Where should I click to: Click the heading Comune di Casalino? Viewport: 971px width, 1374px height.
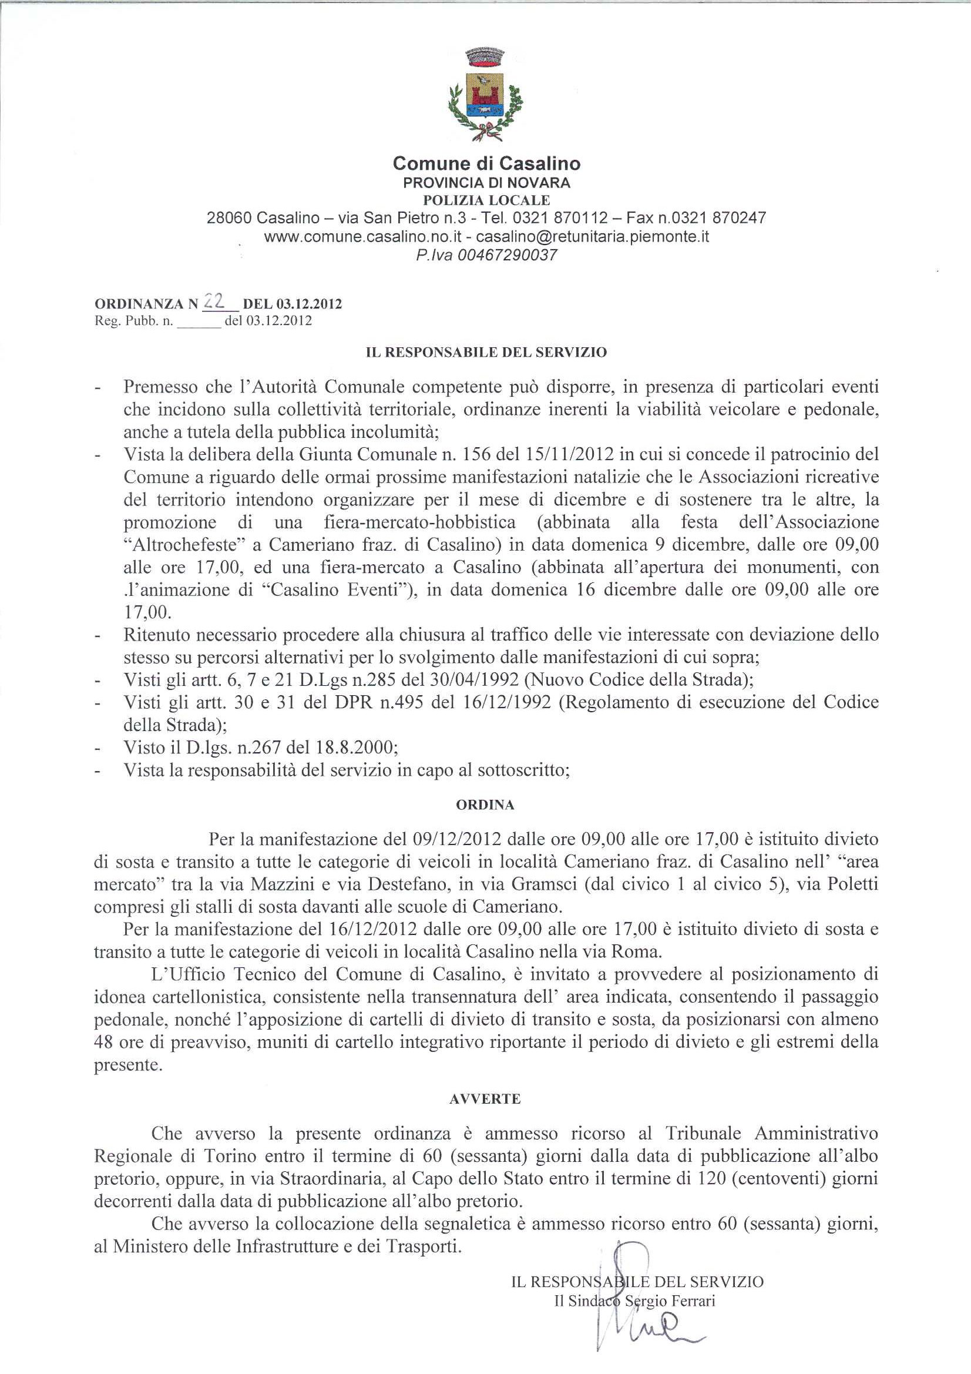point(486,163)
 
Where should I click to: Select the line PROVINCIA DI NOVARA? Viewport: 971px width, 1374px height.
point(486,183)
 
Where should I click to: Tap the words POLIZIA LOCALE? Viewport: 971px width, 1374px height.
point(486,200)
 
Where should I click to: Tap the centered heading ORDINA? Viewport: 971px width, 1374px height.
point(485,806)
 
